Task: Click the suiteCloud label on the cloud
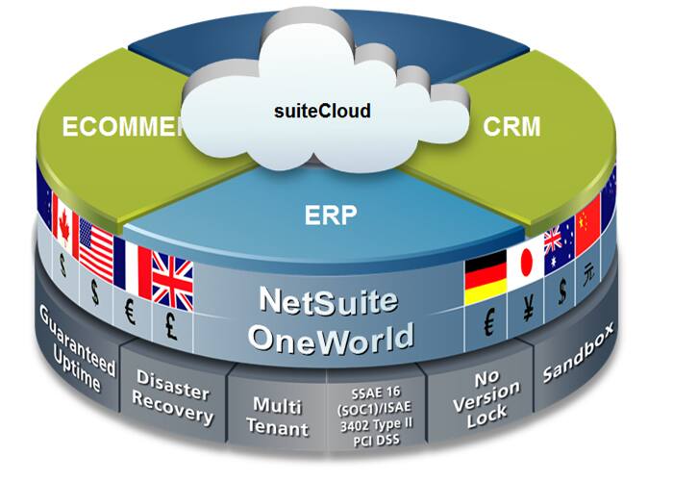(x=320, y=111)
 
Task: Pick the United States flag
(x=96, y=245)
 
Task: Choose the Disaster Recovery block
(x=173, y=394)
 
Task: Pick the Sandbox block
(x=576, y=358)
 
